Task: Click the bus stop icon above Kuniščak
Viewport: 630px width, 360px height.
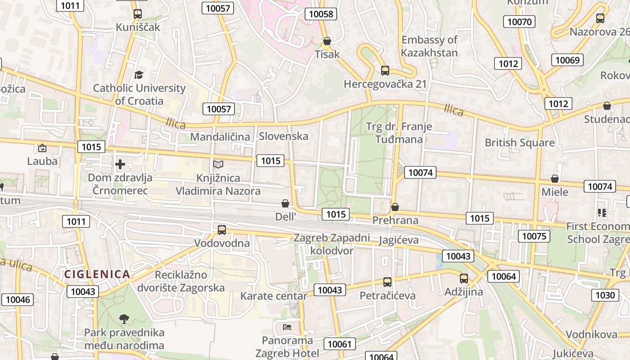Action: [x=138, y=14]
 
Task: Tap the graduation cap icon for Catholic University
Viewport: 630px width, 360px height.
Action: [x=139, y=75]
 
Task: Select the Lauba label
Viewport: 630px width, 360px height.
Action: [x=42, y=161]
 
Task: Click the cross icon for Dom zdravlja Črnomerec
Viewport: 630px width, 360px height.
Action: [x=120, y=164]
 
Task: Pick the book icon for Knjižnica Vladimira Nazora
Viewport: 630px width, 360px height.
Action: [x=218, y=165]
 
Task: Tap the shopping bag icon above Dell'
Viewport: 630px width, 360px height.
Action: [x=285, y=203]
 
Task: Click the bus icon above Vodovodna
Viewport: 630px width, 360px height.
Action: [x=222, y=230]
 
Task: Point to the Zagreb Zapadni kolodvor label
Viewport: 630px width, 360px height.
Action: [x=332, y=244]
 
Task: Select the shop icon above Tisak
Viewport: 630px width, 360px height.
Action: [x=327, y=41]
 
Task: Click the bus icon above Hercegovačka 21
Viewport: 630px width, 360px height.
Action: [x=385, y=71]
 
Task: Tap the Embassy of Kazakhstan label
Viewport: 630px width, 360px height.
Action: [x=429, y=46]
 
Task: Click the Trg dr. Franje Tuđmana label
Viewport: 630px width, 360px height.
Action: [x=399, y=133]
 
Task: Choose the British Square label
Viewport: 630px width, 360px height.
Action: [x=519, y=143]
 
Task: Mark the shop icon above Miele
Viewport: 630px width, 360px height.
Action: [x=555, y=179]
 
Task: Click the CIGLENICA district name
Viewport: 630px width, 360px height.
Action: [x=97, y=274]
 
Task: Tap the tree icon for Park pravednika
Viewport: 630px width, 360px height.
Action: [x=124, y=319]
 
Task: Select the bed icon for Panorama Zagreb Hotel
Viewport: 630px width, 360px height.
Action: [x=287, y=327]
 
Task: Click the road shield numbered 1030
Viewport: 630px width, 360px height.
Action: [x=605, y=295]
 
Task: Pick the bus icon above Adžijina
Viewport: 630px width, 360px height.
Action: [x=464, y=279]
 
